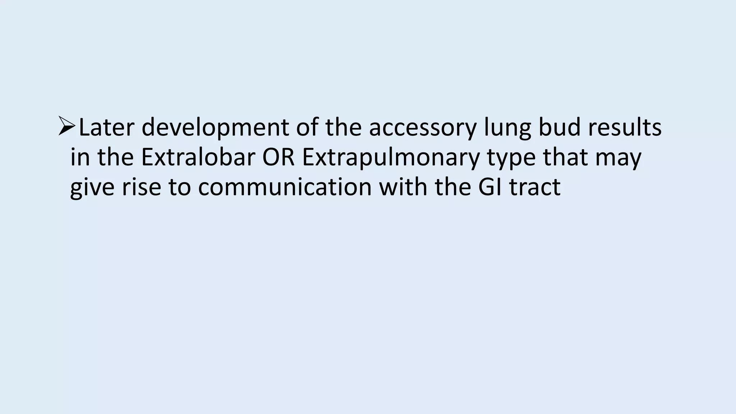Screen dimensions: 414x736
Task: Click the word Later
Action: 106,128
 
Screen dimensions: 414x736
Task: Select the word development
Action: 215,128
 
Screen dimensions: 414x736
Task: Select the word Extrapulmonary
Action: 391,157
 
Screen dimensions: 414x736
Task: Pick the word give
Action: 92,187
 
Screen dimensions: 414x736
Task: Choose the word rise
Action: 141,187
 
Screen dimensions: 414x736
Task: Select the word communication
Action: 285,187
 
